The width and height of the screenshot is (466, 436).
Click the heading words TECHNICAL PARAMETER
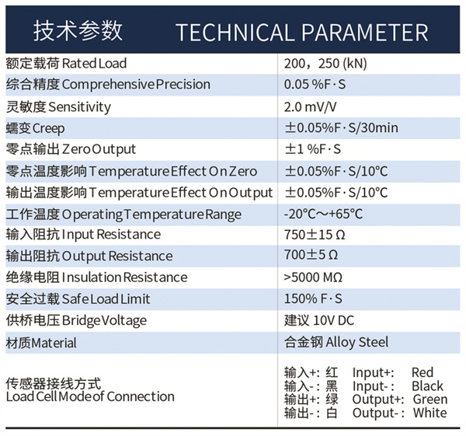coord(302,32)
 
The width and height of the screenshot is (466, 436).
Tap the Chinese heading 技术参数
coord(78,30)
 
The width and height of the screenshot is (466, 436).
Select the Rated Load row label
coord(66,64)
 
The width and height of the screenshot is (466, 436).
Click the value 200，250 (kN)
coord(325,64)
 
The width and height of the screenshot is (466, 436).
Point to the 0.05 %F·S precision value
coord(315,85)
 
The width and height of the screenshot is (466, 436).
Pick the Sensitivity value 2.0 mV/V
coord(310,106)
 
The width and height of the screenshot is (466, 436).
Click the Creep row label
coord(35,128)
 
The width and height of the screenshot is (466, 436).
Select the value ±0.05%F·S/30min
coord(342,128)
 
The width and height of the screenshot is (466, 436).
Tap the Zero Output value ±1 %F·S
coord(313,149)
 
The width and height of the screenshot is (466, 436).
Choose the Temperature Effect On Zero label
coord(131,171)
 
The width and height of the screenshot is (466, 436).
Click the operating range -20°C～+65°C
coord(323,214)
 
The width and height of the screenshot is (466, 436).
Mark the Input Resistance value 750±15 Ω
coord(315,235)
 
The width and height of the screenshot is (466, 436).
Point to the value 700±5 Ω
coord(311,255)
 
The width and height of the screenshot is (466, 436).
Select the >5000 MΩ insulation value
coord(313,277)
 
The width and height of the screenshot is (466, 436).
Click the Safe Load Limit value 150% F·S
coord(313,298)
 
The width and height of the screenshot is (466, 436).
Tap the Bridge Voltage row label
coord(76,321)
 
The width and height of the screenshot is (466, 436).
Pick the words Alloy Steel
coord(357,342)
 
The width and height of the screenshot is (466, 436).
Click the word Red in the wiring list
coord(423,372)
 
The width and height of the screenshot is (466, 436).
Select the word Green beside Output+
coord(430,399)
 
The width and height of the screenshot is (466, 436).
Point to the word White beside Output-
coord(430,413)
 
